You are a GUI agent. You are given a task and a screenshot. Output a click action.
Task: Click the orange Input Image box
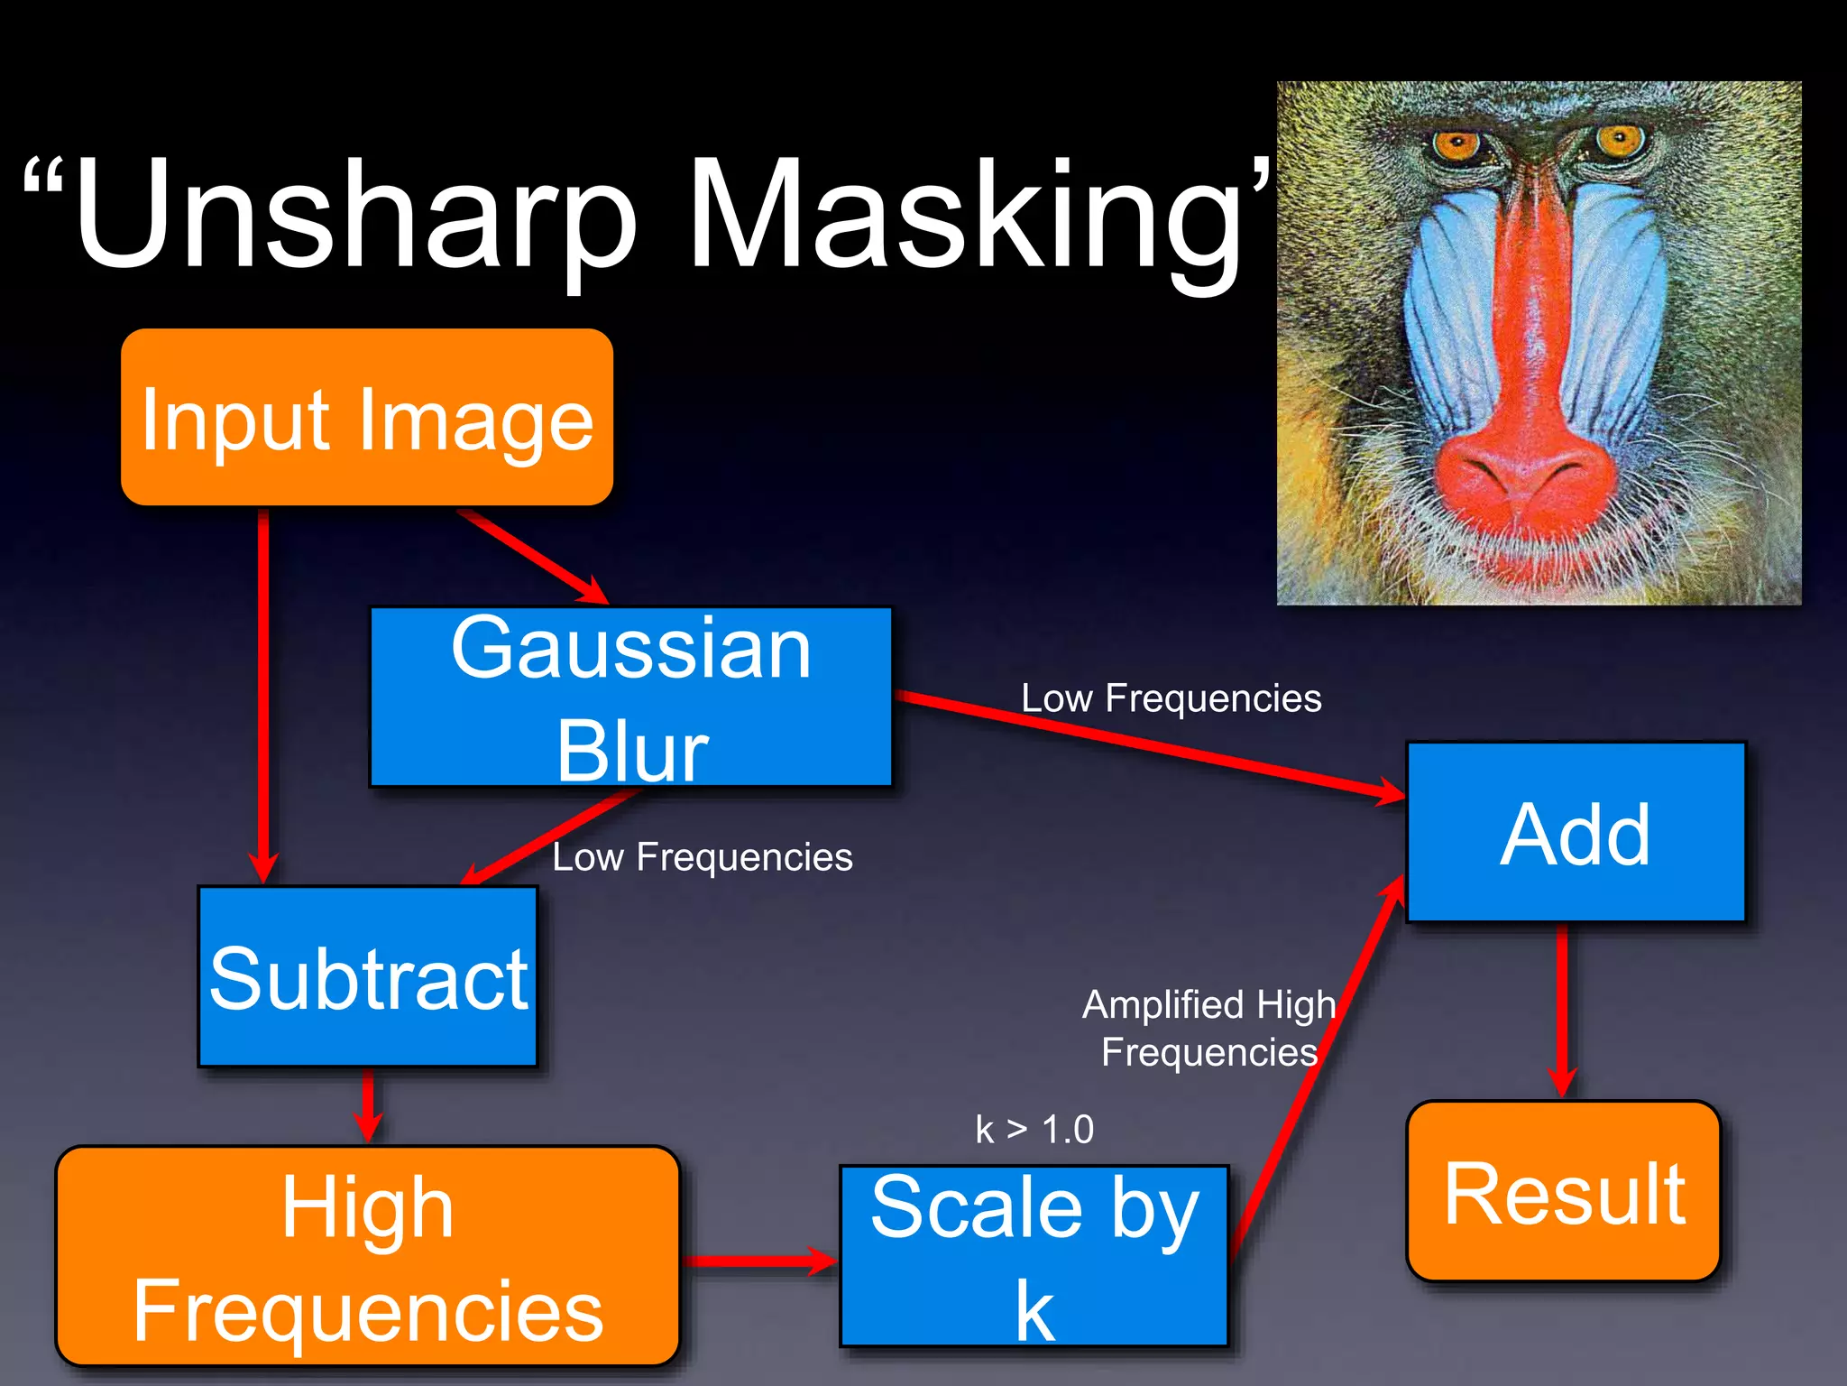click(367, 417)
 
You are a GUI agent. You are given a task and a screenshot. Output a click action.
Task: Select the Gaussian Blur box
click(630, 697)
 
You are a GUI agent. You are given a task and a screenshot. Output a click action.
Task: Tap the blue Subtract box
click(368, 977)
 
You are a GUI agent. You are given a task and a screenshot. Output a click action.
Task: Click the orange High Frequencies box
click(367, 1256)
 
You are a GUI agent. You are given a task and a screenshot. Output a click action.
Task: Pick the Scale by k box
click(1034, 1256)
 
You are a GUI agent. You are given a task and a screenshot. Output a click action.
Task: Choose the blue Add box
click(1576, 832)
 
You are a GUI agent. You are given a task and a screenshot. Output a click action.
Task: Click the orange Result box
click(1564, 1191)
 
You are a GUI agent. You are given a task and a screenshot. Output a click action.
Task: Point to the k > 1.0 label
click(1034, 1130)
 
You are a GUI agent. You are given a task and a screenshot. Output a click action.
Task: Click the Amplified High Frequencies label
click(1208, 1029)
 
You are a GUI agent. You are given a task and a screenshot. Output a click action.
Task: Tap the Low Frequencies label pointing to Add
click(1171, 698)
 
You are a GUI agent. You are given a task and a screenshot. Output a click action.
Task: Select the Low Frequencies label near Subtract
click(702, 857)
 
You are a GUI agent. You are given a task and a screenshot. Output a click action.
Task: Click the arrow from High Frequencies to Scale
click(758, 1261)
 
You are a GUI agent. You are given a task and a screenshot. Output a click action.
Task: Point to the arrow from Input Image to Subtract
click(263, 695)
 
